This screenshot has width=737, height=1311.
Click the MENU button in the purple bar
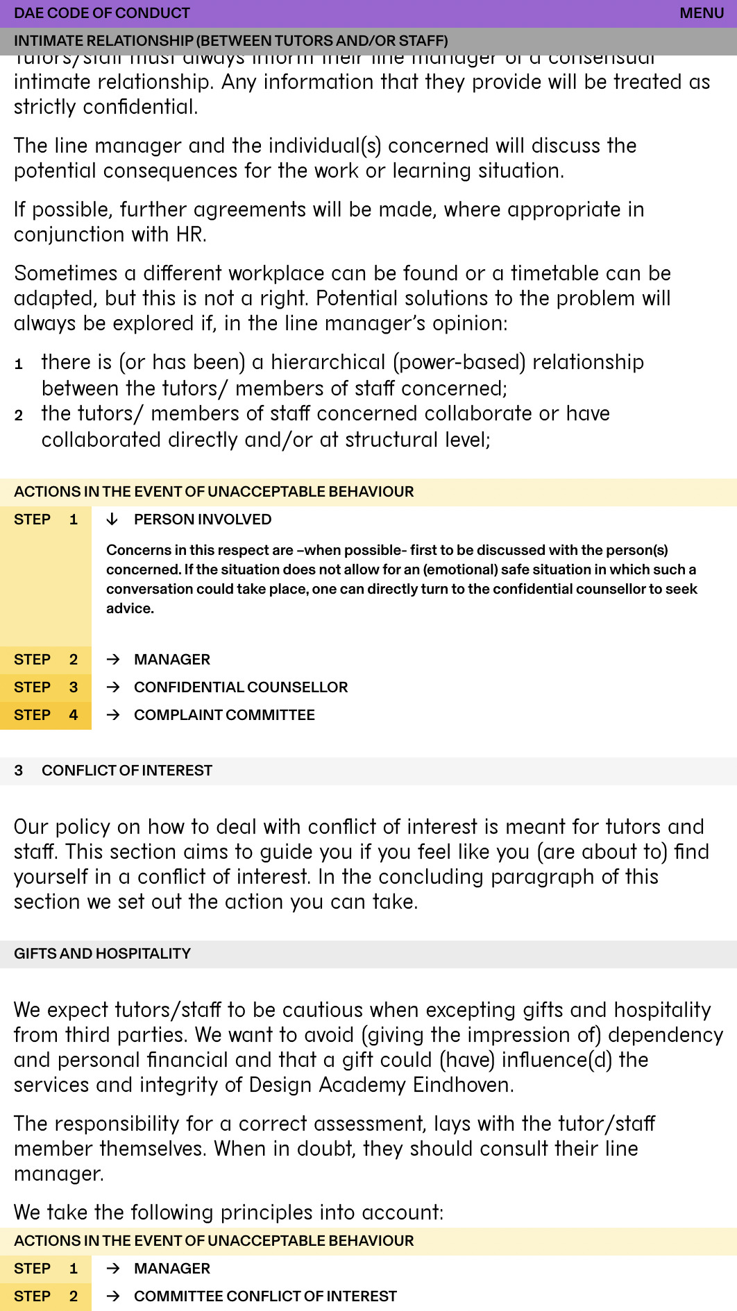pos(702,13)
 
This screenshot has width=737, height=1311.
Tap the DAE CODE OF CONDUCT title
pos(101,13)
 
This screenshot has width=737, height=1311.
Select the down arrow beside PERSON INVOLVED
pos(112,520)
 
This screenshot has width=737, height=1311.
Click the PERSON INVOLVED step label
pos(202,520)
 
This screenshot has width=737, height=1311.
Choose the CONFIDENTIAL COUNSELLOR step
pos(240,687)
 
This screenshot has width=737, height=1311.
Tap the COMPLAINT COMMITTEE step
pos(223,715)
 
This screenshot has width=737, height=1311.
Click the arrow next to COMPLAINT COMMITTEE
pos(114,715)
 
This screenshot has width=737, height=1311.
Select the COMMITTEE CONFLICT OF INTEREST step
pos(265,1296)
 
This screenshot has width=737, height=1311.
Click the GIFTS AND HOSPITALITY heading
pos(102,954)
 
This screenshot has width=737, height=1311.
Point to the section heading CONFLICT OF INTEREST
pos(126,771)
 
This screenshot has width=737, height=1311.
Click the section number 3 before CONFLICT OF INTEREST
pos(19,771)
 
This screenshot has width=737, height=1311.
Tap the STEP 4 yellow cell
pos(45,715)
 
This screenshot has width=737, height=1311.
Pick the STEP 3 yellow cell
pos(45,687)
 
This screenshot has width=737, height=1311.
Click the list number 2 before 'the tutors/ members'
pos(19,415)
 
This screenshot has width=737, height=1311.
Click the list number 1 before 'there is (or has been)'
pos(19,364)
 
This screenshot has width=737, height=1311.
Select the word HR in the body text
pos(190,234)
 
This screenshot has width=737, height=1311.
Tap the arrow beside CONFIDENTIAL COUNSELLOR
pos(114,687)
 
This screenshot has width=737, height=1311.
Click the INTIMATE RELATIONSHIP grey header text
pos(230,41)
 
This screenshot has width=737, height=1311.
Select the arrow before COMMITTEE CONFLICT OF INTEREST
pos(114,1296)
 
